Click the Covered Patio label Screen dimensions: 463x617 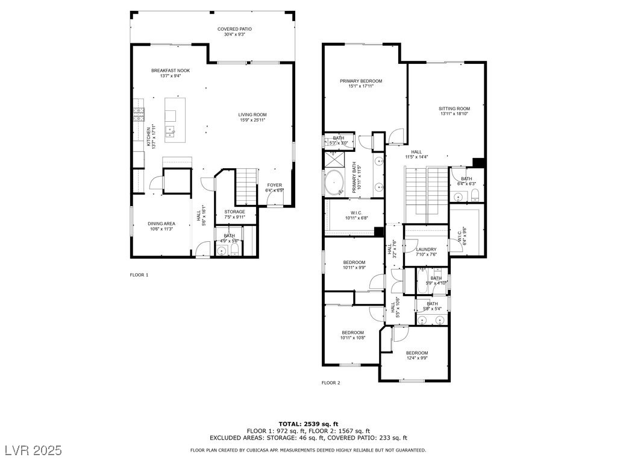click(x=234, y=29)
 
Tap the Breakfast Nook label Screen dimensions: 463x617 click(x=170, y=71)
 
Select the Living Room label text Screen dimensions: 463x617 click(x=252, y=115)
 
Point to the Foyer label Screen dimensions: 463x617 click(x=274, y=185)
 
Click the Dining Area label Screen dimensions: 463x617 click(x=161, y=224)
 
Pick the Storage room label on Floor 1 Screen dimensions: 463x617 click(x=234, y=212)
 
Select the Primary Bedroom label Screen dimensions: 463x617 click(x=360, y=81)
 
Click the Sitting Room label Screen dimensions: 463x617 click(x=454, y=109)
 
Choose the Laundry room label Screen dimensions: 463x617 click(x=426, y=249)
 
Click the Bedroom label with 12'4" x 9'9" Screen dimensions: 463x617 click(x=416, y=353)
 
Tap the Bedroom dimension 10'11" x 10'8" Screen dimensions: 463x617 click(x=352, y=338)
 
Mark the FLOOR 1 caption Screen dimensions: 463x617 click(x=139, y=275)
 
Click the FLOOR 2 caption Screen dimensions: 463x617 click(x=331, y=383)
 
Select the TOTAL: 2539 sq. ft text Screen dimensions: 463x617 click(x=308, y=424)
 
